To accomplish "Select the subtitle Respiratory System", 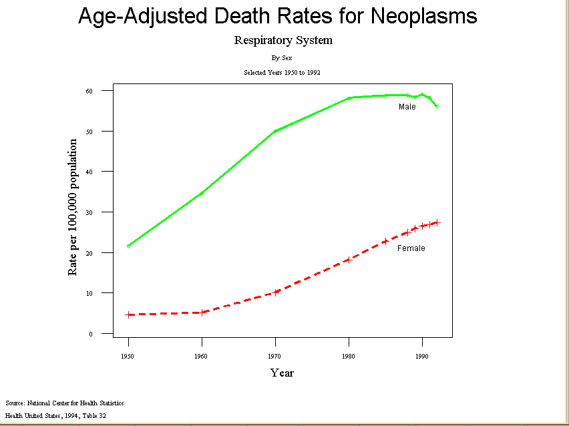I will pyautogui.click(x=283, y=40).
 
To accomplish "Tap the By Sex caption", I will pyautogui.click(x=282, y=58).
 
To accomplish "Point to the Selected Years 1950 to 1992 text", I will pyautogui.click(x=282, y=72).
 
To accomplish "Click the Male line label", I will pyautogui.click(x=407, y=107).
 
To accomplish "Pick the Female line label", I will pyautogui.click(x=411, y=248).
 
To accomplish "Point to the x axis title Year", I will pyautogui.click(x=282, y=373).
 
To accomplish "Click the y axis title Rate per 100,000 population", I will pyautogui.click(x=73, y=208).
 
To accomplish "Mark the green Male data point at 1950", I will pyautogui.click(x=129, y=246).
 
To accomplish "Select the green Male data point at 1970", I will pyautogui.click(x=275, y=131).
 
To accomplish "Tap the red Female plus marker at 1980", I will pyautogui.click(x=349, y=260).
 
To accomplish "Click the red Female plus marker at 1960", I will pyautogui.click(x=202, y=312).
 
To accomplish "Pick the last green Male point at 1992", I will pyautogui.click(x=437, y=106).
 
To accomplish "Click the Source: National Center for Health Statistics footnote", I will pyautogui.click(x=64, y=403).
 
